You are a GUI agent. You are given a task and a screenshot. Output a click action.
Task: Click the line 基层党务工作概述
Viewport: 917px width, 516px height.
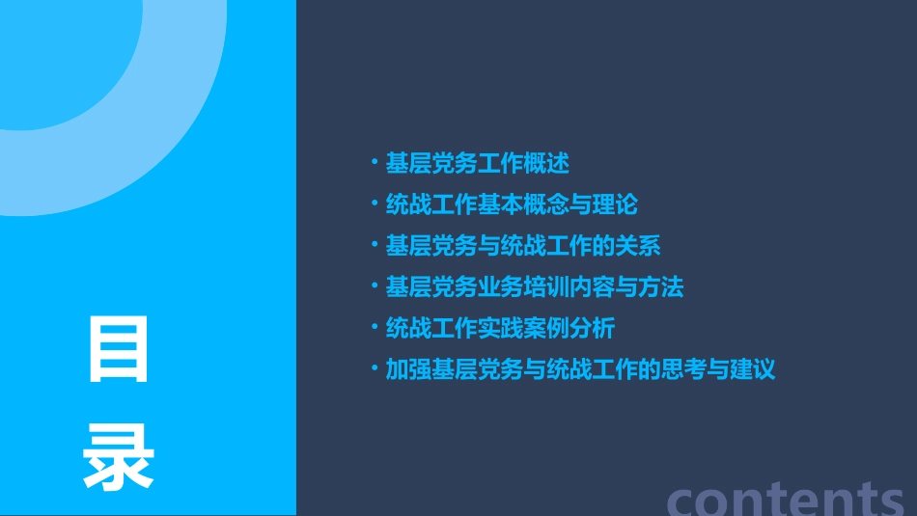pos(477,164)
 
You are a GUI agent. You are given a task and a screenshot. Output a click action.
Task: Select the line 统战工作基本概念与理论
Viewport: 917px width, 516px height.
pos(512,204)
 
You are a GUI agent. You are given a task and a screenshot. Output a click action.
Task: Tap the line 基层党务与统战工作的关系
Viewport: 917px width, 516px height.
pos(523,246)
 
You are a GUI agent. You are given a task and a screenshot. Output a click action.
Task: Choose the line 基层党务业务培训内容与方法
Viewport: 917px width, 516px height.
pos(535,287)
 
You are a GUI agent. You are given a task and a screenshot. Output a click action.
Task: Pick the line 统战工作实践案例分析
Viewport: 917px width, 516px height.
pos(500,328)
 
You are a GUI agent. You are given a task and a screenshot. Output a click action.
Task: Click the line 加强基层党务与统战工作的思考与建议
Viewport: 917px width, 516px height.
pos(580,369)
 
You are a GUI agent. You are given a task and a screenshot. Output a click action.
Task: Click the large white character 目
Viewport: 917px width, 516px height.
pos(119,349)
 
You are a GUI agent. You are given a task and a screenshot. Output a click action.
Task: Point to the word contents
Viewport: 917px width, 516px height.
pos(786,498)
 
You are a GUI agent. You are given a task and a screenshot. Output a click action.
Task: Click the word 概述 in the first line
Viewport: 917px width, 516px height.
pos(546,164)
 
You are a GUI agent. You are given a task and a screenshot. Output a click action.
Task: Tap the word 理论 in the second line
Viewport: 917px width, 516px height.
pos(615,204)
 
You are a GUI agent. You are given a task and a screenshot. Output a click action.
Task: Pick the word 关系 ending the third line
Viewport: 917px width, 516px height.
pos(638,246)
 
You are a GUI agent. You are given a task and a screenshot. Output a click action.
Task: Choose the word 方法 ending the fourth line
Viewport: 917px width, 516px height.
pos(661,287)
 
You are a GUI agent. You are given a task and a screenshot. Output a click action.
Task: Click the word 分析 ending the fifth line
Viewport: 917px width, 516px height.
pos(592,328)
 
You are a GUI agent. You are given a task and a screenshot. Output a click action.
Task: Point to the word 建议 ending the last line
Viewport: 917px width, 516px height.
pos(752,369)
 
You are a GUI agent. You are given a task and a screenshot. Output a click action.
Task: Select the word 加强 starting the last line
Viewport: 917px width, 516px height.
pos(408,369)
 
